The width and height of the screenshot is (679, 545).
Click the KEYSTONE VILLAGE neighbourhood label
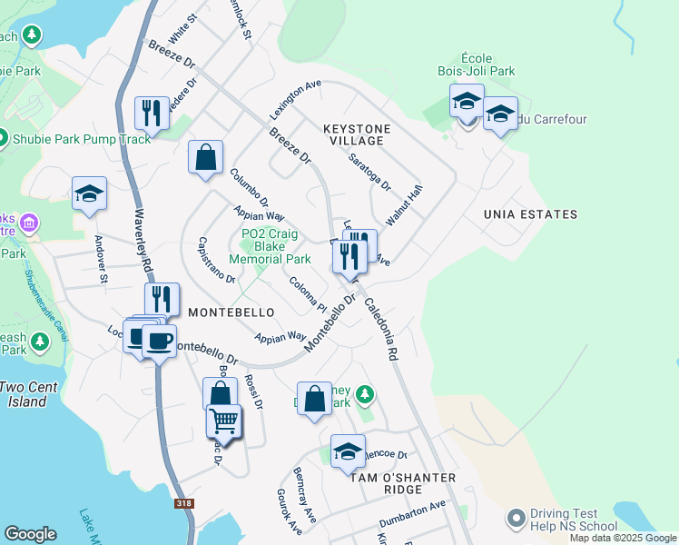pos(357,135)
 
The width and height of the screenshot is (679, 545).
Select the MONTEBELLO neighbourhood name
pos(231,312)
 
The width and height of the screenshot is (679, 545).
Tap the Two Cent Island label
pos(28,393)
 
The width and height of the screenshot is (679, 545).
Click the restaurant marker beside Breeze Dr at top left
pos(150,113)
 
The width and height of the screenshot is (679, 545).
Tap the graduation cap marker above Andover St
pos(90,193)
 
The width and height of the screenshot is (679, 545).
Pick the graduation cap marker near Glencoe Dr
pos(348,451)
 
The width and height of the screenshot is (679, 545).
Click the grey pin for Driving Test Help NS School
pos(517,518)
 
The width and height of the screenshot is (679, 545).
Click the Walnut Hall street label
pos(404,206)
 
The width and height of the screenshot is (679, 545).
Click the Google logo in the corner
pos(30,534)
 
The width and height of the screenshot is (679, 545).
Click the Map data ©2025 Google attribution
pos(623,538)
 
